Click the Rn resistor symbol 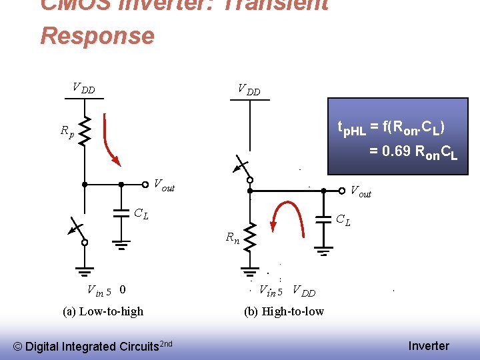[x=250, y=237]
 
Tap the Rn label [x=232, y=237]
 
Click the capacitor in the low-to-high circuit [x=121, y=214]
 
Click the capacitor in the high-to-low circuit [x=323, y=219]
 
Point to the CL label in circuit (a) [x=141, y=214]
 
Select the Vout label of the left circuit [x=164, y=185]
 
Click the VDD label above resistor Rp [x=83, y=88]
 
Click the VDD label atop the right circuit [x=249, y=89]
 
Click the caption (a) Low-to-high [x=103, y=311]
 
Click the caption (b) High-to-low [x=284, y=311]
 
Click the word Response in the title [x=97, y=35]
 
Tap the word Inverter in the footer [x=429, y=345]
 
